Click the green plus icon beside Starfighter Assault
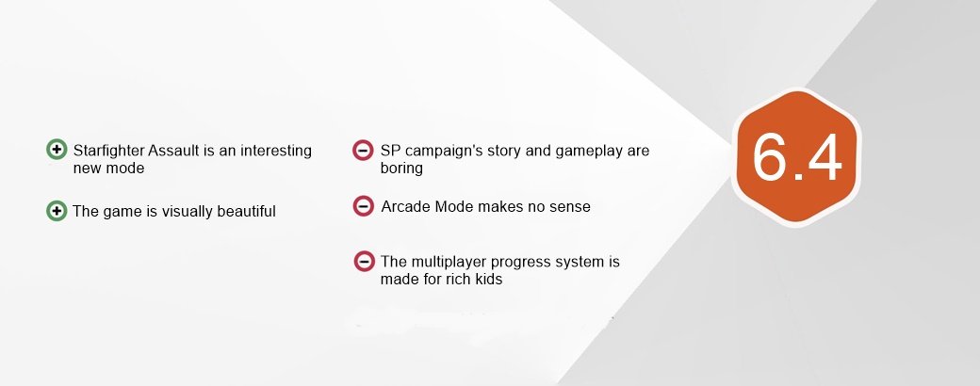57,150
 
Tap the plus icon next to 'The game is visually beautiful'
57,211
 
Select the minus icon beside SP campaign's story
363,150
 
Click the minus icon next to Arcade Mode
363,206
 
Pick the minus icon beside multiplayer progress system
364,261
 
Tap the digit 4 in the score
825,157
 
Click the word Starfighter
108,152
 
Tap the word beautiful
246,211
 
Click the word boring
401,169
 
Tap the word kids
488,280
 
